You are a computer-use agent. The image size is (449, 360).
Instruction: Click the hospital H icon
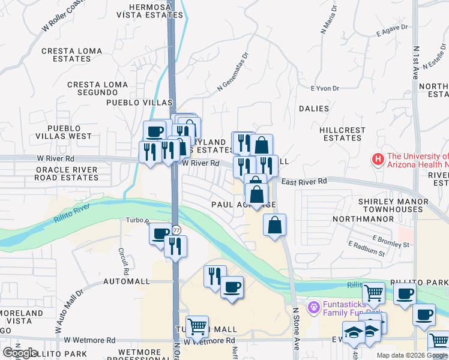tap(378, 160)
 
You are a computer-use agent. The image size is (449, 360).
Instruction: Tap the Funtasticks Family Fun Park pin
tap(312, 308)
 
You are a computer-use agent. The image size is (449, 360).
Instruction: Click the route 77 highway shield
tap(176, 230)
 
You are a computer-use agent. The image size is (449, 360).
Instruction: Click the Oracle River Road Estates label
tap(67, 173)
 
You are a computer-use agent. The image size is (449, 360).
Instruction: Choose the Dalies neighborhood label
tap(314, 109)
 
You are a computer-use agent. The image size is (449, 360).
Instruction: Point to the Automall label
tap(126, 281)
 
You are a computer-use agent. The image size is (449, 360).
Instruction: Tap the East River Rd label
tap(304, 181)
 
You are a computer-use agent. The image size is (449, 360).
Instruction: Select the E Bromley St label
tap(390, 242)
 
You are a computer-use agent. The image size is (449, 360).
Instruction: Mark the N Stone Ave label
tap(296, 329)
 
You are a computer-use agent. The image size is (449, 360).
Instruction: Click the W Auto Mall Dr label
tap(69, 312)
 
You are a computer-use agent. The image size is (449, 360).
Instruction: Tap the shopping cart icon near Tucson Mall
tap(197, 327)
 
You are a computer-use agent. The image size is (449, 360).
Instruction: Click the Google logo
tap(20, 353)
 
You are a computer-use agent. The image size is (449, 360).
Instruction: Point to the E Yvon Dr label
tap(325, 89)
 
